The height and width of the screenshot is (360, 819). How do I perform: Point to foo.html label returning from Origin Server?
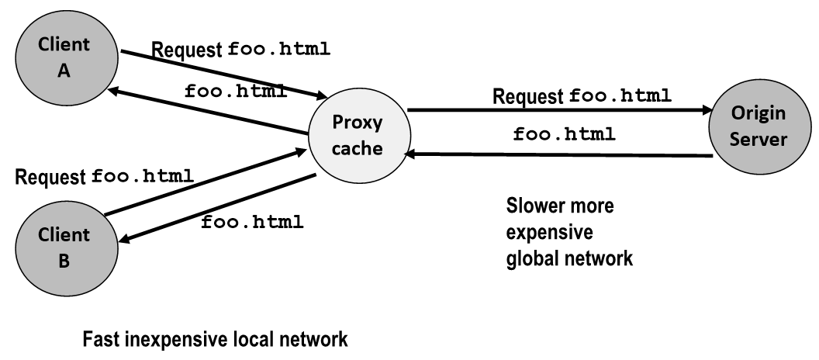click(x=565, y=133)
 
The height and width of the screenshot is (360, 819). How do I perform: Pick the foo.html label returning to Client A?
click(x=236, y=91)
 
